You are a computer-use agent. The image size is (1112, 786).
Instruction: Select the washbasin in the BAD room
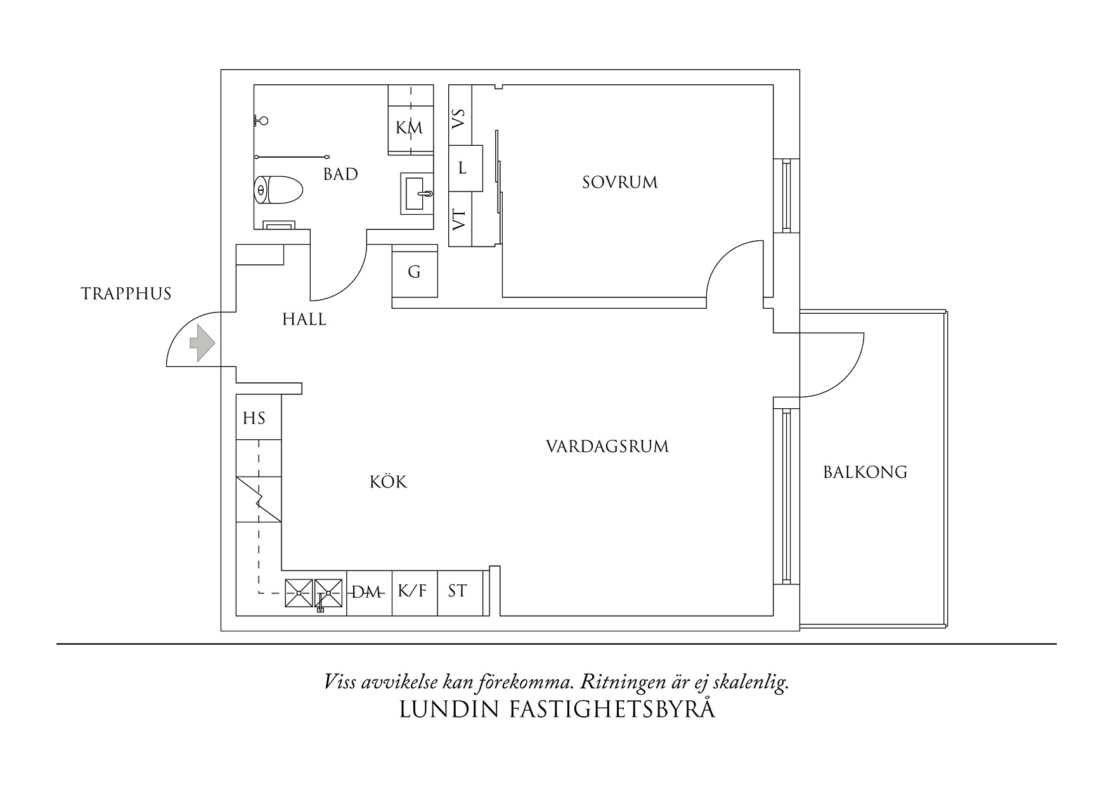click(417, 193)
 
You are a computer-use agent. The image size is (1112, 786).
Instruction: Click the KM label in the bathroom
click(409, 128)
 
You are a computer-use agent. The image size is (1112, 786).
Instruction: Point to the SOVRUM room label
click(619, 183)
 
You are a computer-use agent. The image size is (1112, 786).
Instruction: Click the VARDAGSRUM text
click(607, 446)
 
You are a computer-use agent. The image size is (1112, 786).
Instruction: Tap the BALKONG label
click(865, 472)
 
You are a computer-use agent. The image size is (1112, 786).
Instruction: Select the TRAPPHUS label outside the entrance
click(126, 294)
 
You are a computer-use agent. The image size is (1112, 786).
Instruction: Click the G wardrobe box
click(414, 273)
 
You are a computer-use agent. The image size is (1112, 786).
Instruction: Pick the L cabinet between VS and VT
click(463, 169)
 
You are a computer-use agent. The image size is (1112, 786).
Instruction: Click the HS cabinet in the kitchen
click(254, 418)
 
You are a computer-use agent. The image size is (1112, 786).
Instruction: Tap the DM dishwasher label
click(367, 593)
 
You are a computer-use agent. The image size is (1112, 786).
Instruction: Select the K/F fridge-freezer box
click(413, 591)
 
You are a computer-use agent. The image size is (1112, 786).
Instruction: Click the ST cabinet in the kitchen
click(457, 591)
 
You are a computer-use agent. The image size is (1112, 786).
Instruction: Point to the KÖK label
click(388, 482)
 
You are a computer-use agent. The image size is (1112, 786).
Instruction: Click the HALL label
click(304, 319)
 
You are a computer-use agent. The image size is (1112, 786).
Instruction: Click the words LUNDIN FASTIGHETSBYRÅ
click(557, 709)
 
